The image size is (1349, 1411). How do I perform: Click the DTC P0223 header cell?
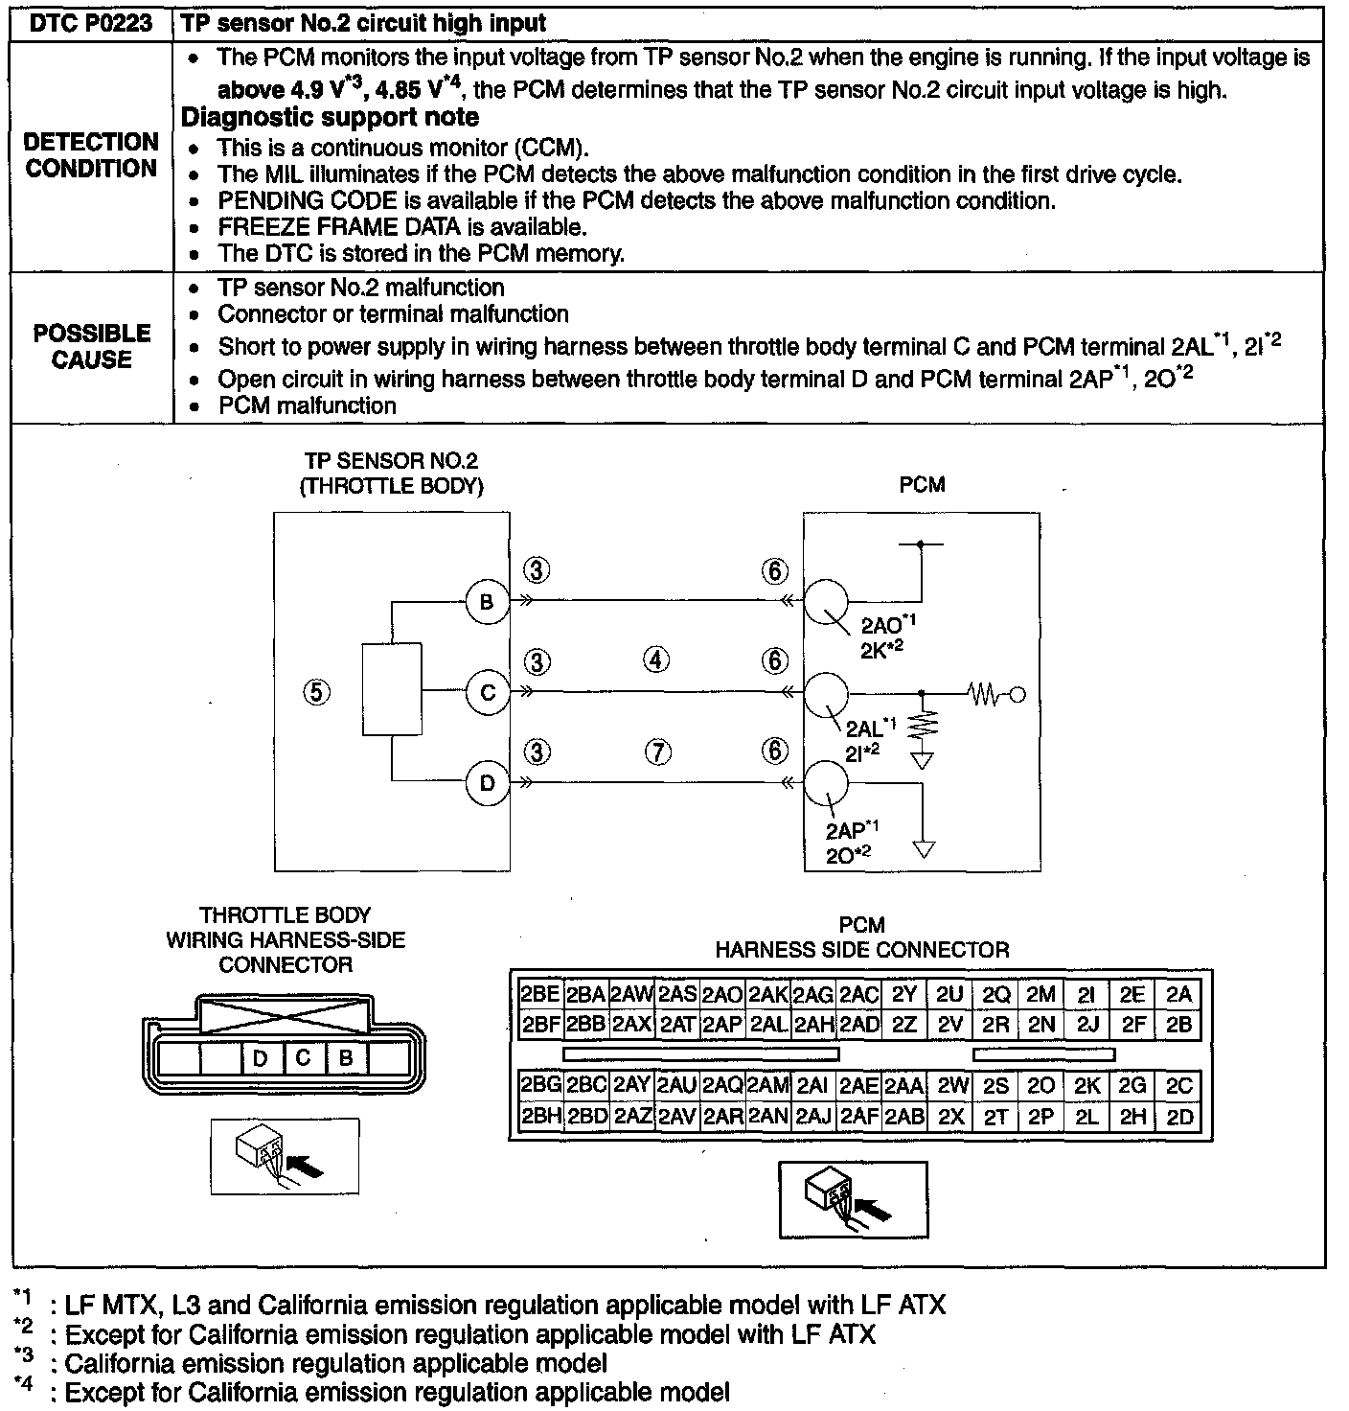pos(91,24)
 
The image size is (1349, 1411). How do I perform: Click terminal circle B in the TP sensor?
pos(487,602)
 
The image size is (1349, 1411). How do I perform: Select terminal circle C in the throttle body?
pos(487,692)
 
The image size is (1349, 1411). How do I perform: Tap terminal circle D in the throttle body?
pos(487,783)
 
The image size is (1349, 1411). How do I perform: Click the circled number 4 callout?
pos(656,660)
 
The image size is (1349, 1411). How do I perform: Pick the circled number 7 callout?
pos(656,752)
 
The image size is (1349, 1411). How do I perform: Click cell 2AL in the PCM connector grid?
pos(768,1024)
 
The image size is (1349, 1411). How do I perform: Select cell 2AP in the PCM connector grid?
pos(722,1024)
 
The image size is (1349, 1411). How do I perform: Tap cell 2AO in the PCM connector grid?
pos(722,995)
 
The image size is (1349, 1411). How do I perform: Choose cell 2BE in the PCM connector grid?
pos(539,995)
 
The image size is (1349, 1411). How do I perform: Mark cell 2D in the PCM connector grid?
pos(1179,1117)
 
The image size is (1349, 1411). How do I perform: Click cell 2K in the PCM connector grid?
pos(1087,1086)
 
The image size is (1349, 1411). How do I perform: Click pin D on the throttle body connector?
pos(261,1058)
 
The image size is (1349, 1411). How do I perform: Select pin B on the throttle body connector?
pos(347,1058)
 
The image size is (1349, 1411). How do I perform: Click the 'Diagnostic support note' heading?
pos(331,118)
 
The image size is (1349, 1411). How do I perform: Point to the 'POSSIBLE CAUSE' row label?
pos(92,346)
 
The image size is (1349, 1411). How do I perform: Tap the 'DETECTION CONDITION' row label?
pos(92,155)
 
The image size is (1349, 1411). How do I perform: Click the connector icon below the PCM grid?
pos(853,1199)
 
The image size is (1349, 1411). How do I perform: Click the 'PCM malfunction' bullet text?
pos(307,405)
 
